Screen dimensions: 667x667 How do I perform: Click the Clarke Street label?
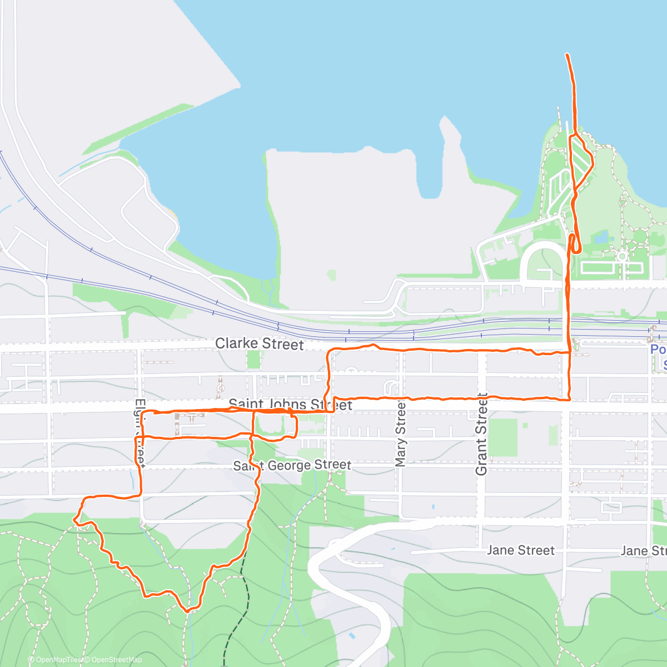tap(260, 344)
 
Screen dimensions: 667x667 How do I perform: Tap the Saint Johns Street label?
tap(290, 404)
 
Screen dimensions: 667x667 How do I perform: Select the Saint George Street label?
tap(292, 465)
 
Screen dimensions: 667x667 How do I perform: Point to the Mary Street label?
tap(401, 435)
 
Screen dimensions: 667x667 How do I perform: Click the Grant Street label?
tap(481, 434)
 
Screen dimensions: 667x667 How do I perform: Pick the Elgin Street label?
tap(140, 432)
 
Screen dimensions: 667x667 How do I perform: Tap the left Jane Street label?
tap(521, 550)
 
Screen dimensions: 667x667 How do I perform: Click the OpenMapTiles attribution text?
tap(56, 660)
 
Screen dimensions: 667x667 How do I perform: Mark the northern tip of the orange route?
tap(566, 54)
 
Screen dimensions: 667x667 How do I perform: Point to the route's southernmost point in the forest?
tap(187, 611)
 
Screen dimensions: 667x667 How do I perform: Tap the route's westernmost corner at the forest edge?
tap(74, 519)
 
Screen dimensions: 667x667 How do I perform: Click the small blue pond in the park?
tap(600, 238)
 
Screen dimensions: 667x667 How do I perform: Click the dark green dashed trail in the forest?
tap(234, 611)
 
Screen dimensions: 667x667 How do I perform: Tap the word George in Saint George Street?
tap(289, 465)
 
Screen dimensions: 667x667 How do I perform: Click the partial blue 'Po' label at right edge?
tap(658, 349)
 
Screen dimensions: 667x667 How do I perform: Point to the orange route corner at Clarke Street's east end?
tap(568, 352)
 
